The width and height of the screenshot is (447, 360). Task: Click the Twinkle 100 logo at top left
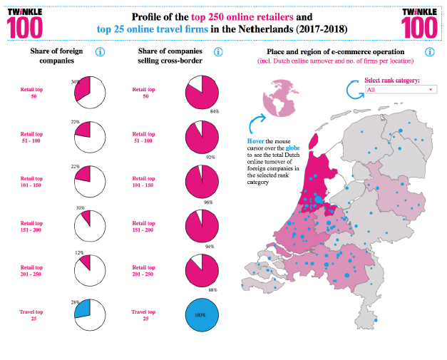coord(25,24)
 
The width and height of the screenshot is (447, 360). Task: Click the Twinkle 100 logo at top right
coord(419,24)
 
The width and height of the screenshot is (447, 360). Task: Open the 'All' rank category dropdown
coord(401,90)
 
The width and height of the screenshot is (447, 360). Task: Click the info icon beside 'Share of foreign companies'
coord(100,52)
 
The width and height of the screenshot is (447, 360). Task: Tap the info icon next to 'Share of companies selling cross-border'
coord(218,52)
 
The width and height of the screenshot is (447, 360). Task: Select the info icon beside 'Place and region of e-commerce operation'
coord(430,52)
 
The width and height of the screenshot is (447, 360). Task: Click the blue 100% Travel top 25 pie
coord(202,315)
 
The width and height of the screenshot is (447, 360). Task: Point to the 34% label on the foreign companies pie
coord(75,82)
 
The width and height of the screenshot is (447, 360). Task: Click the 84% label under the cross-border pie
coord(215,111)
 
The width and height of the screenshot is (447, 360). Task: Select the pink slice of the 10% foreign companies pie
coord(87,217)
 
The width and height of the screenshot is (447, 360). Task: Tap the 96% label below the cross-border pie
coord(208,202)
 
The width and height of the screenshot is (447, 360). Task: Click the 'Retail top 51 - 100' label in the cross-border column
coord(144,138)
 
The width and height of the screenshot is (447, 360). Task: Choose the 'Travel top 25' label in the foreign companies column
coord(31,315)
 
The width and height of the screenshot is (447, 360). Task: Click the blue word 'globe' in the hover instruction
coord(293,148)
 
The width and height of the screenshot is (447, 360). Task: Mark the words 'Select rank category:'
coord(392,81)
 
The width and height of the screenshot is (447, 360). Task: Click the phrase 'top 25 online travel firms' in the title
coord(153,29)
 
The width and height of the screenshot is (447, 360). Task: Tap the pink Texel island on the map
coord(314,141)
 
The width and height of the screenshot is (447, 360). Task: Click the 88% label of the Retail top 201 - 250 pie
coord(213,290)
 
